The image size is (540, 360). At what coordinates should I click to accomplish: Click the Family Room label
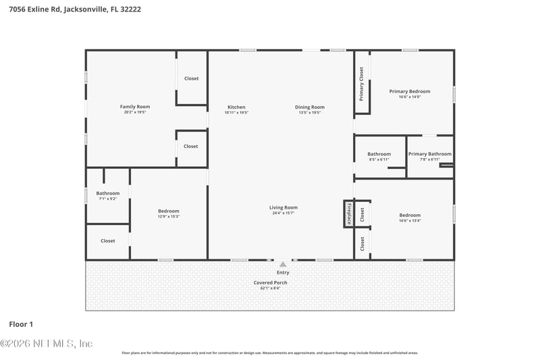[x=135, y=107]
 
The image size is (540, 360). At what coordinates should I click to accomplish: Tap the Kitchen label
[x=236, y=107]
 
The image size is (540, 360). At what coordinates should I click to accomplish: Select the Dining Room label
[x=310, y=107]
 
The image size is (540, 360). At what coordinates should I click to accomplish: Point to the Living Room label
[x=283, y=207]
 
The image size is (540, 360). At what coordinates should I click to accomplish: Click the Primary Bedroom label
[x=410, y=91]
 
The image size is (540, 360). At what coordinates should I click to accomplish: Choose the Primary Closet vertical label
[x=362, y=84]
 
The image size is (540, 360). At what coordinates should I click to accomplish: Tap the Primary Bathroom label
[x=430, y=154]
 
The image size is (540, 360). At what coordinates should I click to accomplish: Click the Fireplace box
[x=349, y=213]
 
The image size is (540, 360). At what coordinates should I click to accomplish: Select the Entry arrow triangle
[x=283, y=264]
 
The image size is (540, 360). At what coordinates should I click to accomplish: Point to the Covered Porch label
[x=270, y=282]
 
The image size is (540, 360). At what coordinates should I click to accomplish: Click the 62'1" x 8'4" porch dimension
[x=270, y=288]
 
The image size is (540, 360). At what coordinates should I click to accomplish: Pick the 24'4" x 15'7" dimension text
[x=283, y=213]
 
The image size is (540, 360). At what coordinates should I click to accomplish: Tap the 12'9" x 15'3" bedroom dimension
[x=169, y=216]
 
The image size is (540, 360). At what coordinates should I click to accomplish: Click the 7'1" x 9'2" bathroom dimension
[x=108, y=199]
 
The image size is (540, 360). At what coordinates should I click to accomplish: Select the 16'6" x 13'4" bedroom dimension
[x=410, y=220]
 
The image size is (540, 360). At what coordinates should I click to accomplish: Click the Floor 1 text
[x=21, y=324]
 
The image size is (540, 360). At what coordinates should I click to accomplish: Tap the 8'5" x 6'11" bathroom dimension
[x=379, y=159]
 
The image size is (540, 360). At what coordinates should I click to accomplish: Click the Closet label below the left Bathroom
[x=108, y=241]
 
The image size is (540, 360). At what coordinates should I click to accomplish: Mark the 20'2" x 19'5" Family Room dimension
[x=135, y=112]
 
